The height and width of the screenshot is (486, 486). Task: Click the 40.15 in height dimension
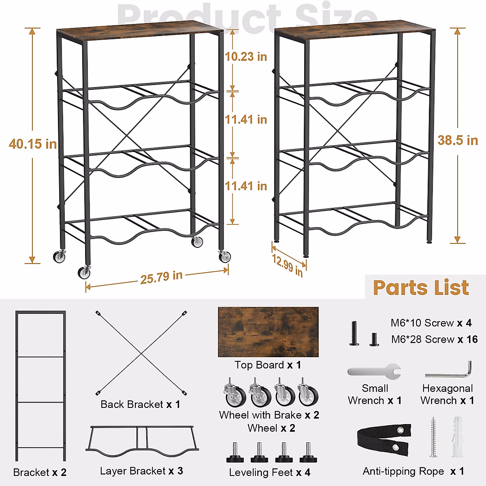tap(33, 144)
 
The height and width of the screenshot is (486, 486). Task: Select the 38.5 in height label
tap(458, 140)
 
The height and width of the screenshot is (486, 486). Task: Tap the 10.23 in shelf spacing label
tap(246, 56)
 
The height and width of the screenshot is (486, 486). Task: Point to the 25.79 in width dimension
tap(161, 277)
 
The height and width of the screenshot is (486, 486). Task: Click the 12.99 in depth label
tap(287, 265)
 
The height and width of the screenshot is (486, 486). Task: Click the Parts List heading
tap(421, 288)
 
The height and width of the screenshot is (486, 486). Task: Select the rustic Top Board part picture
tap(268, 332)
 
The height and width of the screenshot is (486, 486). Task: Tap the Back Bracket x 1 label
tap(140, 404)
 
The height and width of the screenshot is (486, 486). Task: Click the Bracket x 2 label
tap(40, 472)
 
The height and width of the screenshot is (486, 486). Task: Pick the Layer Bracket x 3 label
tap(141, 471)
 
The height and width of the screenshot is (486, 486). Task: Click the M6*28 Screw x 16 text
tap(434, 339)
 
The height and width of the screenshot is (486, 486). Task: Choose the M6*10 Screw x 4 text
tap(431, 323)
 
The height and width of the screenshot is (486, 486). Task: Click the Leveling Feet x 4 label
tap(269, 472)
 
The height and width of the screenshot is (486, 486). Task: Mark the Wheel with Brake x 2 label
tap(269, 415)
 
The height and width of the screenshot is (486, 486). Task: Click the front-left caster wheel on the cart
tap(84, 272)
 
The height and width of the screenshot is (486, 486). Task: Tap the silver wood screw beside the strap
tap(433, 437)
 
